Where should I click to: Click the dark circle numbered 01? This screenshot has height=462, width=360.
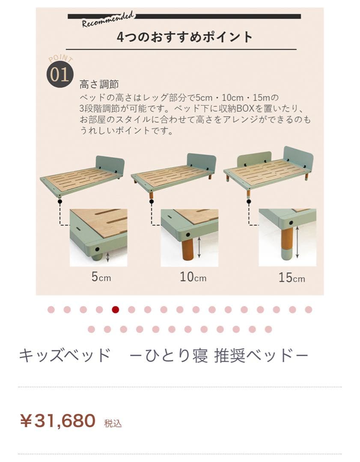tap(60, 74)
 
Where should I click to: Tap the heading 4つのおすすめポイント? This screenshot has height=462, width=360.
tap(185, 37)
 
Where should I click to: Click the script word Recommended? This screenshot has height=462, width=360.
tap(107, 20)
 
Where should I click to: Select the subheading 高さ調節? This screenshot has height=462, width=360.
tap(99, 85)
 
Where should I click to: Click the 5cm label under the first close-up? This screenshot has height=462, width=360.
tap(101, 277)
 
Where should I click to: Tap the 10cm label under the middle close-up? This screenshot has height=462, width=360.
tap(193, 277)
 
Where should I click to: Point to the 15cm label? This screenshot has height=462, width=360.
tap(292, 278)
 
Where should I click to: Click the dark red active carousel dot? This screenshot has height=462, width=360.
tap(115, 310)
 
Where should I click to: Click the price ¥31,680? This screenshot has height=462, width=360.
tap(57, 421)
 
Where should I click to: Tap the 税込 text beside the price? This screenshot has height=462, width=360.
tap(113, 423)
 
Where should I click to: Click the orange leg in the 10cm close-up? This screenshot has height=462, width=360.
tap(187, 249)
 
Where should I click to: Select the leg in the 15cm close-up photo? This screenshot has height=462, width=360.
tap(286, 243)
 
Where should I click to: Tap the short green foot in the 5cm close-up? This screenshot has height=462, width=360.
tap(98, 257)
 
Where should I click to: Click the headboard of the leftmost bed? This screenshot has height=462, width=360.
tap(110, 166)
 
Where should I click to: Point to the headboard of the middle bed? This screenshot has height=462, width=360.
tap(202, 162)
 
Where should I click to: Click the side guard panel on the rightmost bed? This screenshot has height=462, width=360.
tap(254, 158)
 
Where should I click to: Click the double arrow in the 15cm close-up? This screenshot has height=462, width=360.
tap(297, 242)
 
